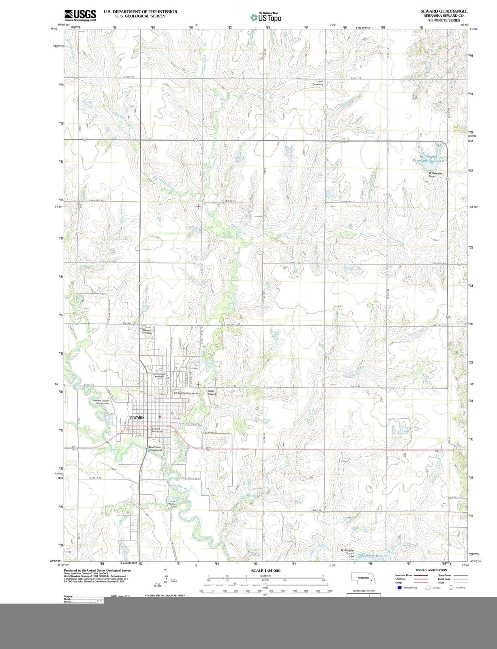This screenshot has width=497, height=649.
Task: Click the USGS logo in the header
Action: pos(80,15)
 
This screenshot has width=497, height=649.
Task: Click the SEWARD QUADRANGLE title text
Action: pos(444,11)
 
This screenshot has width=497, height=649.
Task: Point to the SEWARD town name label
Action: pos(137,417)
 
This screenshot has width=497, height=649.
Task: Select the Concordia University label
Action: pos(187,393)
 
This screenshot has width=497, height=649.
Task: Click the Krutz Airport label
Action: pos(212,393)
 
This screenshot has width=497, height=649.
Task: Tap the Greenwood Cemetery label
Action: pos(159,375)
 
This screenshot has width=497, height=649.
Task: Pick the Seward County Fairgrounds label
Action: pos(101,402)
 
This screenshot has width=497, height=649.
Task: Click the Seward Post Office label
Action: pos(157,430)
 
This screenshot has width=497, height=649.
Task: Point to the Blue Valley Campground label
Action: pos(155,449)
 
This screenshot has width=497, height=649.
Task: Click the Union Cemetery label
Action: pos(319,83)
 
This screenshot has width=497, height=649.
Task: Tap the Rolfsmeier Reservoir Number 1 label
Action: pos(429,159)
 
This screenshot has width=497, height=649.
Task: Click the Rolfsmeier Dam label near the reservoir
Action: pos(435,175)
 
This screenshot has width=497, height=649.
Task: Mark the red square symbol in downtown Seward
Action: pos(161,417)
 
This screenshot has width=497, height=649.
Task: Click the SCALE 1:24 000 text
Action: pos(266,571)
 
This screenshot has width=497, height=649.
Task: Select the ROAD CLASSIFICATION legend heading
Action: pos(431,570)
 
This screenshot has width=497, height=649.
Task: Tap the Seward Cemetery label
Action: pos(147,331)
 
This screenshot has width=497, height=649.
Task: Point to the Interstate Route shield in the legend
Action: pos(400,587)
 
